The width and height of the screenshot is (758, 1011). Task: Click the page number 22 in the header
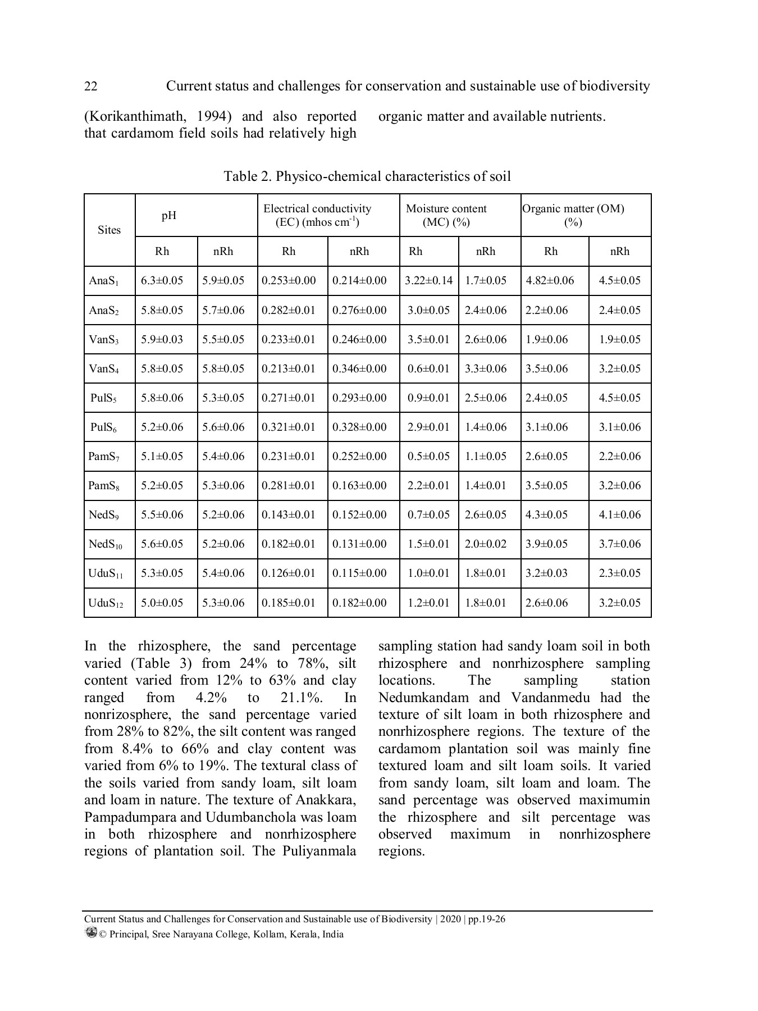coord(90,86)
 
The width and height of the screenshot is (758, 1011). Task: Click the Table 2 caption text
coord(367,176)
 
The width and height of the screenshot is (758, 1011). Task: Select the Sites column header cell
coord(109,230)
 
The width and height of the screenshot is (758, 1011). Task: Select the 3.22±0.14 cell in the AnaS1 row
coord(428,280)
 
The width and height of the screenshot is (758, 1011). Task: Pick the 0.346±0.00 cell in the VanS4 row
coord(359,368)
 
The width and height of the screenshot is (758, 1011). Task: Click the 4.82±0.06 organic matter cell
coord(550,280)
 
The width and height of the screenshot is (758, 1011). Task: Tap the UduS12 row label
coord(106,603)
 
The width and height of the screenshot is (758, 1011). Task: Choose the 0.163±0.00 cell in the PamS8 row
coord(359,485)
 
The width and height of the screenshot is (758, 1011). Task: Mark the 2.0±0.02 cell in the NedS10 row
coord(486,544)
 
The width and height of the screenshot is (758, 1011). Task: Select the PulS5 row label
coord(104,398)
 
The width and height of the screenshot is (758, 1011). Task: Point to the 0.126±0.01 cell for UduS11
coord(289,573)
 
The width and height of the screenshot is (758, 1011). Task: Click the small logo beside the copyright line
coord(90,932)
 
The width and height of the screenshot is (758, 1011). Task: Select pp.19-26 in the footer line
coord(487,919)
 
